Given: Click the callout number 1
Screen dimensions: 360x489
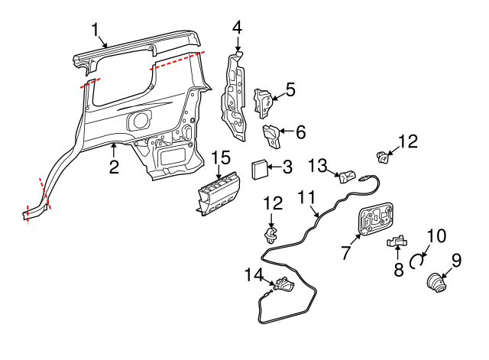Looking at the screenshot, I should tap(96, 30).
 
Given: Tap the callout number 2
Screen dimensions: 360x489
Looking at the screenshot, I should tap(113, 166).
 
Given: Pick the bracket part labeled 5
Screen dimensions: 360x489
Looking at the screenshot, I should tap(262, 99).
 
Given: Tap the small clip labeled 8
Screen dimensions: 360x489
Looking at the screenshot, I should tap(397, 242).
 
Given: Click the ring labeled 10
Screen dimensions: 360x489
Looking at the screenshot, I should tap(418, 260).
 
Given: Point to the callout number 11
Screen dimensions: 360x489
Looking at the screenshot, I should tap(306, 198).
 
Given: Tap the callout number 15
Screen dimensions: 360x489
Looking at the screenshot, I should tap(220, 157).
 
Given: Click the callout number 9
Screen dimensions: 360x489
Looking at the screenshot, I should tap(456, 260).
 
